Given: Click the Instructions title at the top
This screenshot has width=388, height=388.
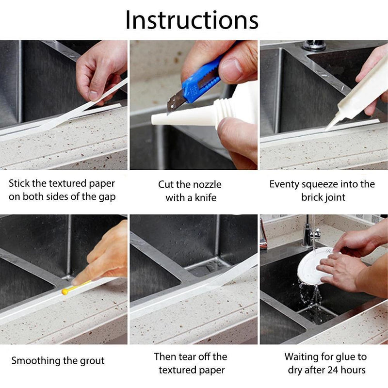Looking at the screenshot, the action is click(x=192, y=20).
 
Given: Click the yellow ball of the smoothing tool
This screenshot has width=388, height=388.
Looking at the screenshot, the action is click(x=65, y=292).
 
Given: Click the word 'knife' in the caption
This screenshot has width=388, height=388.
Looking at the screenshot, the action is click(x=205, y=198).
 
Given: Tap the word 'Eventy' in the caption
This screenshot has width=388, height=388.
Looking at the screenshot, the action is click(x=284, y=185).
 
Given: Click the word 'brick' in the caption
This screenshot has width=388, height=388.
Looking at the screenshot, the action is click(x=311, y=197).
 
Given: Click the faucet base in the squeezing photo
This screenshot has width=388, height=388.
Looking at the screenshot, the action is click(x=314, y=45).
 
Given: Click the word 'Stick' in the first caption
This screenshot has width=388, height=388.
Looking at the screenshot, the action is click(x=19, y=184).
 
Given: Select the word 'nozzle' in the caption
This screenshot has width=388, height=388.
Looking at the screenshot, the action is click(x=207, y=185).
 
